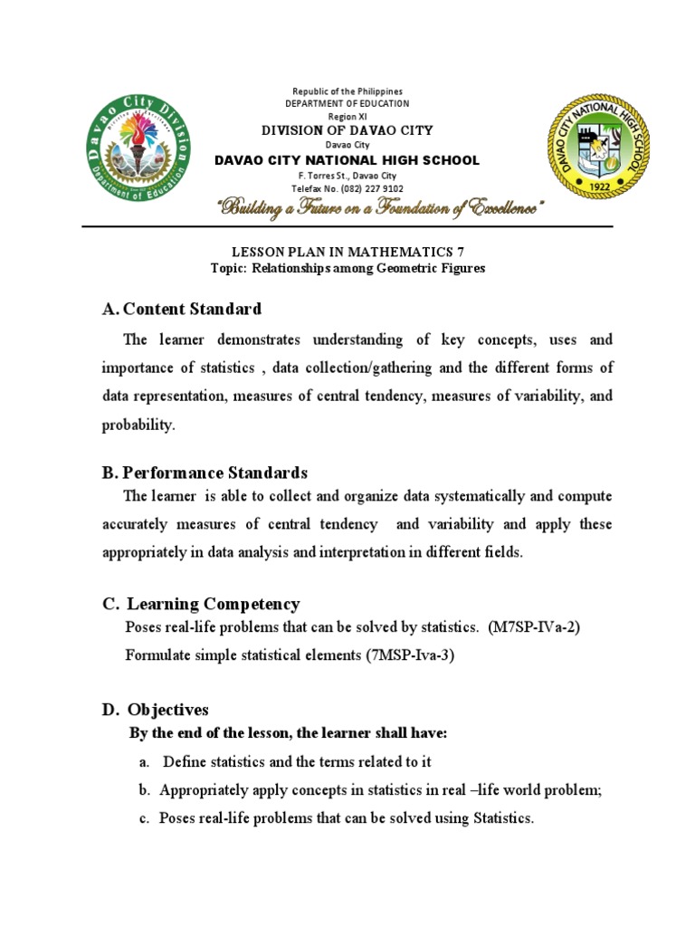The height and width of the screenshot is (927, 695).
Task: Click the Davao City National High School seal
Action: pyautogui.click(x=595, y=148)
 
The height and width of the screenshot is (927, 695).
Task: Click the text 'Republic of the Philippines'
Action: pyautogui.click(x=347, y=91)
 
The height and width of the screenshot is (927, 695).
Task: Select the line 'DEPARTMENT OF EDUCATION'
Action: pyautogui.click(x=347, y=104)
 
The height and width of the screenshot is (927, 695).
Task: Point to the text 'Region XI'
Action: pyautogui.click(x=347, y=117)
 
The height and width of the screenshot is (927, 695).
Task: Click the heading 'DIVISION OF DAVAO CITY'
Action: pyautogui.click(x=347, y=130)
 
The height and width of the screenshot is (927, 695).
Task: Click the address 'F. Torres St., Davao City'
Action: pyautogui.click(x=347, y=176)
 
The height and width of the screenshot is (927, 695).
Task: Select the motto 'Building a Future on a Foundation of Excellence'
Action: pyautogui.click(x=380, y=210)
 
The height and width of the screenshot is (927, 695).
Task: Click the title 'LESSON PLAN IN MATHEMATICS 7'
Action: pyautogui.click(x=347, y=253)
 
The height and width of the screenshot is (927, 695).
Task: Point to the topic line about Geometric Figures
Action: pyautogui.click(x=347, y=269)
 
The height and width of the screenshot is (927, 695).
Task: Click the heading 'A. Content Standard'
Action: pyautogui.click(x=182, y=309)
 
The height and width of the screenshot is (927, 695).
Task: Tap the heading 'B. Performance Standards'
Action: pyautogui.click(x=205, y=473)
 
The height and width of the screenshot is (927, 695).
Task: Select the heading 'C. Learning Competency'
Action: pyautogui.click(x=201, y=604)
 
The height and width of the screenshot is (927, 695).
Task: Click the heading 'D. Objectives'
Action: pyautogui.click(x=156, y=709)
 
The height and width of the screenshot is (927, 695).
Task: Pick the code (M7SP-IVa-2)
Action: pyautogui.click(x=533, y=627)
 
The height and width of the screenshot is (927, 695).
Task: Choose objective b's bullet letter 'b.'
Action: pyautogui.click(x=144, y=790)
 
